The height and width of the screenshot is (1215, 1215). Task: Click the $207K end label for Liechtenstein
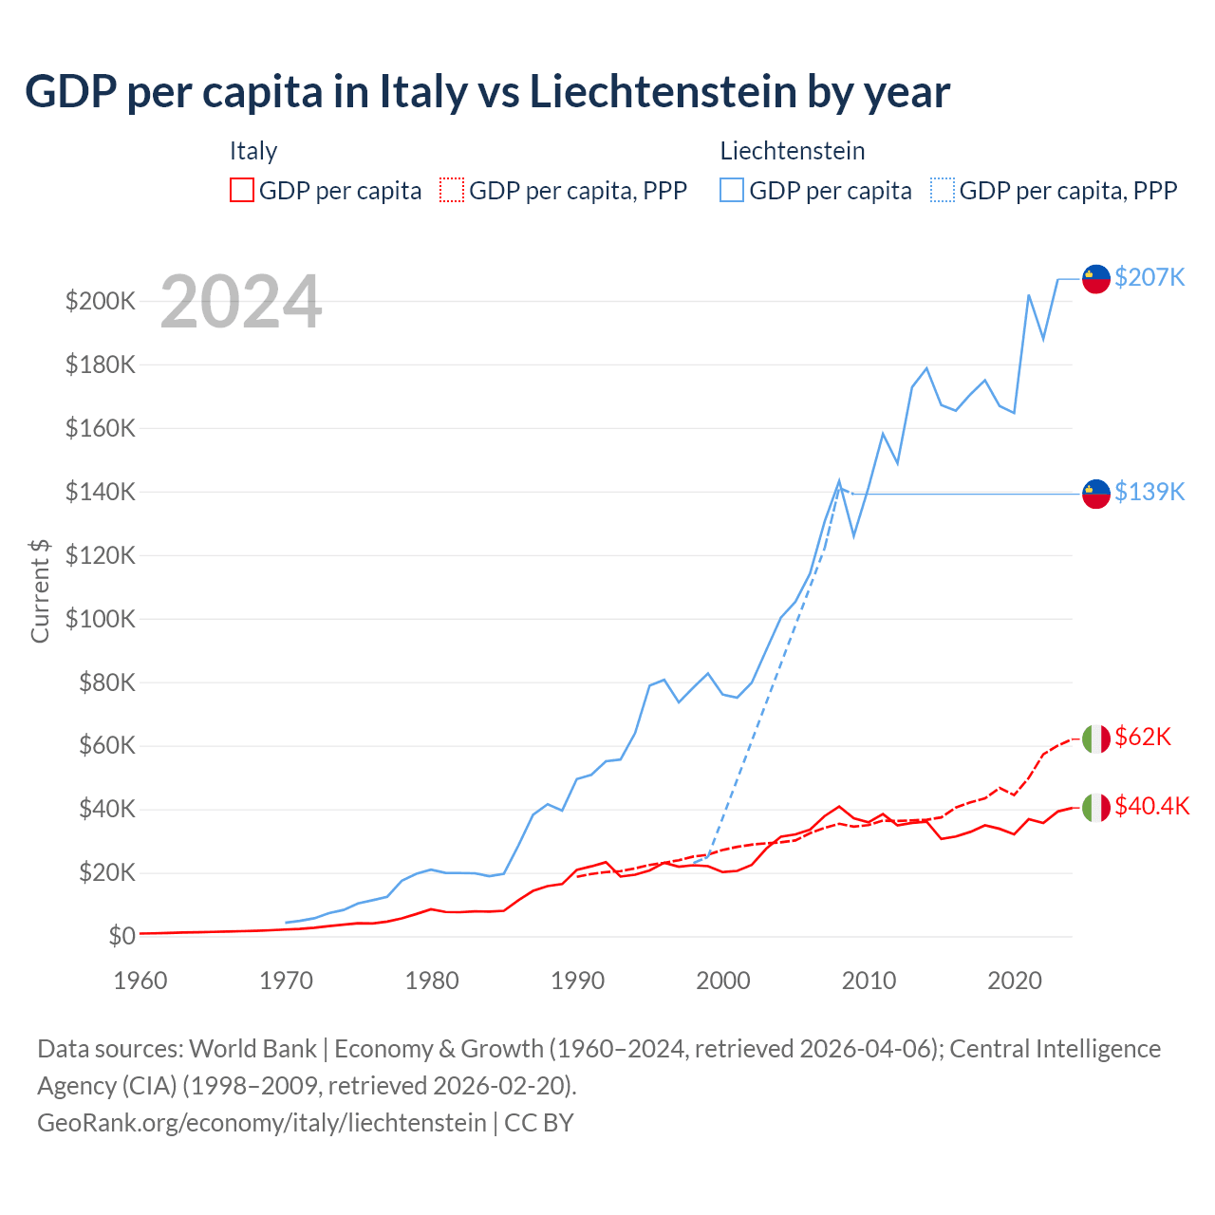click(1150, 277)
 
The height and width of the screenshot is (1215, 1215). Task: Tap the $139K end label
click(1150, 492)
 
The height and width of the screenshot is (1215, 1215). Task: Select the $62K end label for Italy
click(1143, 737)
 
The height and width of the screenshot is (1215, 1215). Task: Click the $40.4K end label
click(1151, 806)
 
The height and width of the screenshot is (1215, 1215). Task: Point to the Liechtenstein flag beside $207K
click(1096, 279)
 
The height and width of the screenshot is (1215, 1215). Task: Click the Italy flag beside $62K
click(1096, 738)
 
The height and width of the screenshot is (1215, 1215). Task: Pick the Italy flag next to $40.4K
click(1096, 808)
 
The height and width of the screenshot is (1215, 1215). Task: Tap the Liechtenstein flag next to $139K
click(1096, 494)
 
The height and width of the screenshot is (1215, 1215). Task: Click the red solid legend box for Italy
click(242, 191)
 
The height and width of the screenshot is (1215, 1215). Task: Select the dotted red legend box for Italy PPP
click(452, 191)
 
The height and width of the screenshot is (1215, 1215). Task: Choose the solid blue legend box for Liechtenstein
click(732, 191)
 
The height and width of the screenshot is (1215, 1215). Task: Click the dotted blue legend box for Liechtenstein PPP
click(943, 191)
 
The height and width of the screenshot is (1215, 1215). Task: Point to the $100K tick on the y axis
click(101, 619)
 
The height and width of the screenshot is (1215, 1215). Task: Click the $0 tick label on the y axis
click(121, 936)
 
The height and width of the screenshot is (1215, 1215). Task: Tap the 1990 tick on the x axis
click(577, 981)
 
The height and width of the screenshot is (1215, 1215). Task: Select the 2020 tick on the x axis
click(1014, 981)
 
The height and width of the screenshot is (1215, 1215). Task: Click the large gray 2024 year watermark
click(241, 302)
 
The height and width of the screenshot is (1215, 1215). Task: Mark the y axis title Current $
click(40, 590)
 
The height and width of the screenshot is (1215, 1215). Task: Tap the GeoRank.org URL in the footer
click(262, 1123)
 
